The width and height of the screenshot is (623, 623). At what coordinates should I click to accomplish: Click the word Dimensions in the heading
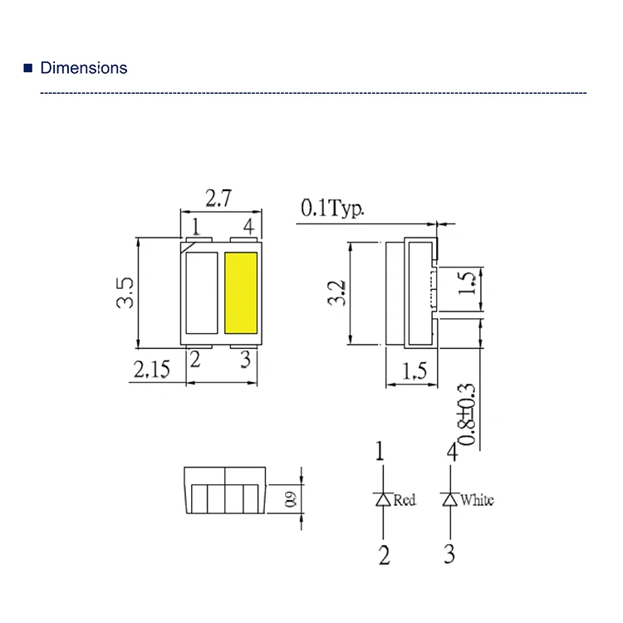pos(84,68)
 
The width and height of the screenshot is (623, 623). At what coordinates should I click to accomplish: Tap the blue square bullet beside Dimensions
pos(28,68)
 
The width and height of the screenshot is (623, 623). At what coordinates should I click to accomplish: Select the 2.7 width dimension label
pos(218,199)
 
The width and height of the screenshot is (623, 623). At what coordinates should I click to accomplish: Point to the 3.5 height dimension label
pos(125,293)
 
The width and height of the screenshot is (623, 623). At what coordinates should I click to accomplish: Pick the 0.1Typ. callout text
pos(332,208)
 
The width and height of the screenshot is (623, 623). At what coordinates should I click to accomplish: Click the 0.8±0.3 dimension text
pos(467,415)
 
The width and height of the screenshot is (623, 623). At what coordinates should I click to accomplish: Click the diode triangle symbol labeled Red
pos(383,499)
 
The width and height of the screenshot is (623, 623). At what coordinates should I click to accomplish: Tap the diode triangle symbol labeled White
pos(450,499)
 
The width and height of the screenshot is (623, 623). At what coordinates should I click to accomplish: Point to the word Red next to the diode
pos(405,500)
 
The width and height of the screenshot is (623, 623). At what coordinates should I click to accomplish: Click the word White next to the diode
pos(477,500)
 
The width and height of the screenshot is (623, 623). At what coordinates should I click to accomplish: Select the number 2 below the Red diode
pos(384,555)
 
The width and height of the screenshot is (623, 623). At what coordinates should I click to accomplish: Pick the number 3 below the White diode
pos(449,555)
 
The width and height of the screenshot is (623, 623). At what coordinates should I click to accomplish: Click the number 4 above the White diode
pos(452,453)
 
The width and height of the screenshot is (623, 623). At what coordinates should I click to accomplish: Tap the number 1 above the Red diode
pos(380,453)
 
